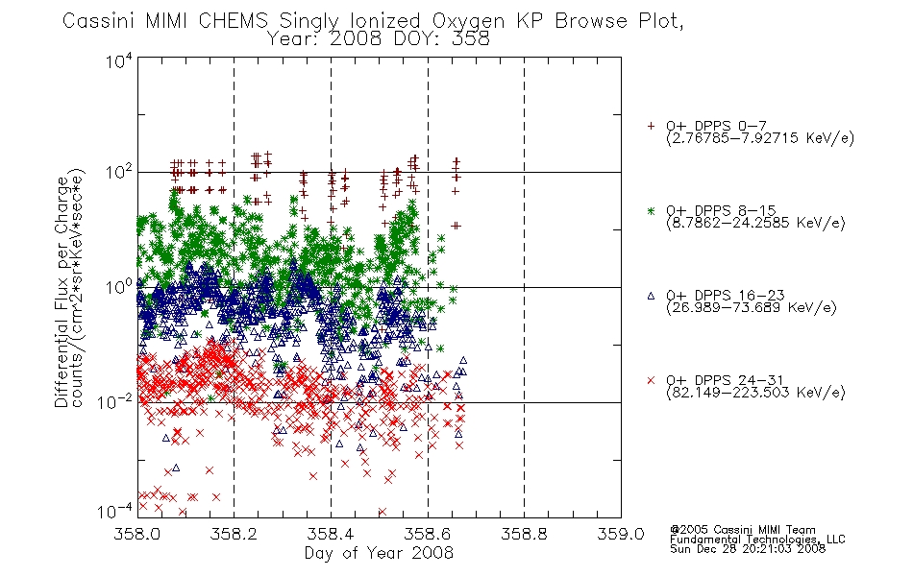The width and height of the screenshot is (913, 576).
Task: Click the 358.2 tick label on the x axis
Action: click(234, 534)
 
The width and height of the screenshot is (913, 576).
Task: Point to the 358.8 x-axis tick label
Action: click(524, 534)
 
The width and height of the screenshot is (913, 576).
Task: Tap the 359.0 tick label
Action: click(621, 534)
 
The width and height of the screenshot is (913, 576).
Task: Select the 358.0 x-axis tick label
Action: click(137, 534)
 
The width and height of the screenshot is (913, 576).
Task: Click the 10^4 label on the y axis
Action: click(119, 60)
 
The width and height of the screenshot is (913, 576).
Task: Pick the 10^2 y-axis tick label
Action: click(119, 172)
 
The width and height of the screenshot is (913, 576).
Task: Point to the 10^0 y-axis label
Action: click(119, 287)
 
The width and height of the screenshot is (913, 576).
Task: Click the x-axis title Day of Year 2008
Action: click(379, 553)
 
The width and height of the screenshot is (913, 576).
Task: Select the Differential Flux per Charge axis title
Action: click(62, 291)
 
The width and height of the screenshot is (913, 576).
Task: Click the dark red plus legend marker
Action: click(651, 126)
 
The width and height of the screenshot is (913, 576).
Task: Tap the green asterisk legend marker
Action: click(651, 210)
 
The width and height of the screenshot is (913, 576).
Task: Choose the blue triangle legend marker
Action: click(651, 296)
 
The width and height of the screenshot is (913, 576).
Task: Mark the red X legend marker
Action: click(651, 380)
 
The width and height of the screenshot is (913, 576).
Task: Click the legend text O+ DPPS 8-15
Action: click(721, 210)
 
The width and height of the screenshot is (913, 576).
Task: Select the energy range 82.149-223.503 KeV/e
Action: click(755, 393)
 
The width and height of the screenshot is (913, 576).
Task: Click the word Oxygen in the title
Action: click(468, 20)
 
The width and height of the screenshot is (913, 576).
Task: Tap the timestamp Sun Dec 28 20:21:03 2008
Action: click(747, 548)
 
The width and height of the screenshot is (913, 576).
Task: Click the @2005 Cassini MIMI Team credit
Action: click(742, 530)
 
